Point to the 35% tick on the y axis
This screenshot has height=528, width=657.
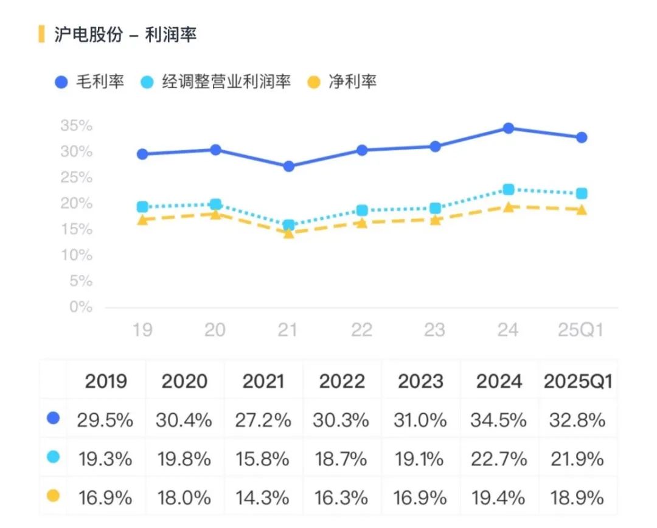(x=77, y=126)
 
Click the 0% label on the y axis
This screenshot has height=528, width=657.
(x=81, y=307)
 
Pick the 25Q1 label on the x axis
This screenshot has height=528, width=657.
(x=581, y=330)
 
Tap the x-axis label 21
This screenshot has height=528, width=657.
(x=288, y=330)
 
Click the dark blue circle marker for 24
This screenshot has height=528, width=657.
(x=508, y=128)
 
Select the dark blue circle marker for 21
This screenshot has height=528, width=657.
(x=288, y=166)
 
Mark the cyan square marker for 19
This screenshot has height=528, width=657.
(x=142, y=207)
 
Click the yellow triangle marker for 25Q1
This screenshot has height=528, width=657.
(x=581, y=210)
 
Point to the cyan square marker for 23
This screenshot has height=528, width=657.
(x=435, y=208)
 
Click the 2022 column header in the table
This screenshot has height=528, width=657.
(x=342, y=381)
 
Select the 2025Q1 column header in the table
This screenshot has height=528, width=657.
(x=577, y=381)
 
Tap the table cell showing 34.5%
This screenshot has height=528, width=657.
(x=498, y=420)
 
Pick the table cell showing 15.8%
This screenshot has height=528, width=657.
(x=263, y=459)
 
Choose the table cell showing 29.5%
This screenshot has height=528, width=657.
(x=105, y=420)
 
